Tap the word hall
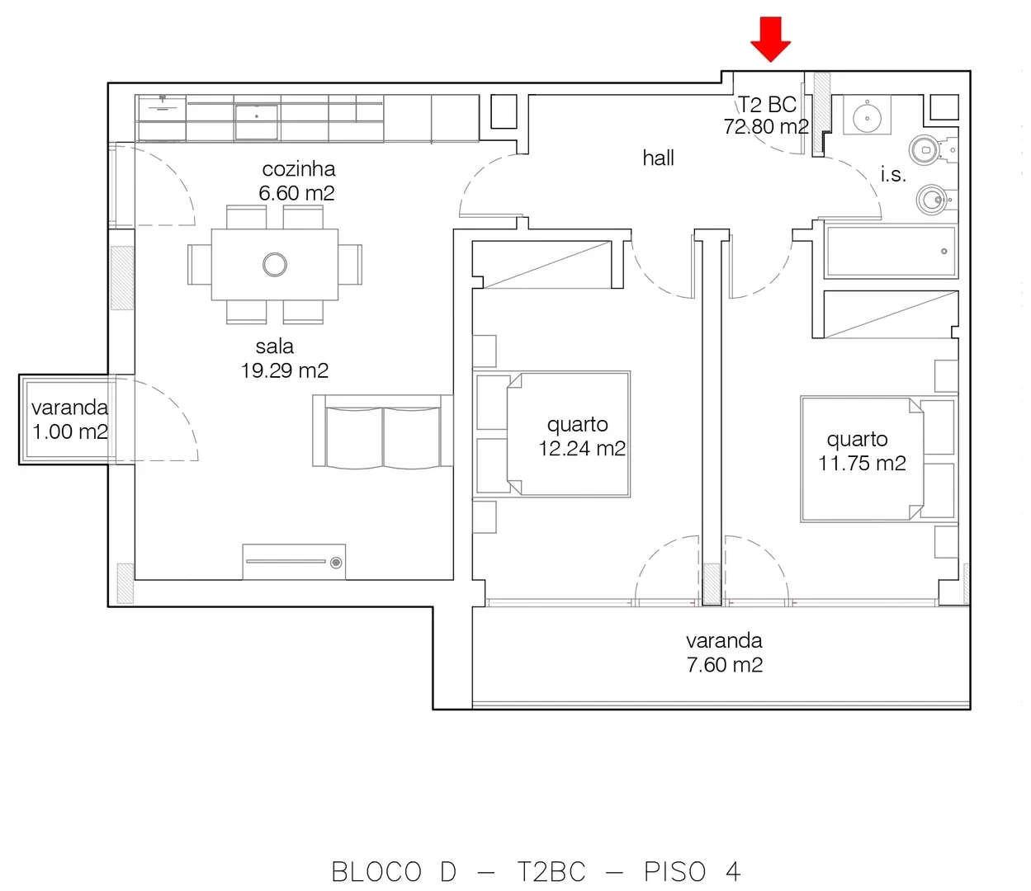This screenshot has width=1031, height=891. tap(658, 158)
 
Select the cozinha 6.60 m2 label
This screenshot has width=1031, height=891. tap(298, 181)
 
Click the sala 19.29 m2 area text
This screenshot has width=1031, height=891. tap(284, 359)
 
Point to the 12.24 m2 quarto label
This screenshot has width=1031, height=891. tap(582, 436)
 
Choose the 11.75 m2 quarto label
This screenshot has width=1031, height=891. tap(862, 451)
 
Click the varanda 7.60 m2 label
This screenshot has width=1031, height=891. tap(724, 653)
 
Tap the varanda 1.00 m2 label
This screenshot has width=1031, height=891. tap(70, 420)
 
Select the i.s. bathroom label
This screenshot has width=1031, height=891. tap(893, 175)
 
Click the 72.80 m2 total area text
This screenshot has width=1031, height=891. tap(766, 127)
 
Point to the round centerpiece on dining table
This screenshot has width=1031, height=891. tap(275, 265)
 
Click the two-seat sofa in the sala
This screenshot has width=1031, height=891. tap(382, 431)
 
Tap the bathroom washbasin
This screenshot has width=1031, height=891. tap(867, 115)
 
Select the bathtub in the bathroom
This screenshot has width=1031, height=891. tap(891, 252)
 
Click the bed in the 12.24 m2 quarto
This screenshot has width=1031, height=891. tap(551, 434)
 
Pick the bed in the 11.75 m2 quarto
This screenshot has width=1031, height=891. tap(879, 460)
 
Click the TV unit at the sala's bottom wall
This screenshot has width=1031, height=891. tap(294, 562)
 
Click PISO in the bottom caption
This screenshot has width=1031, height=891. tap(674, 871)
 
